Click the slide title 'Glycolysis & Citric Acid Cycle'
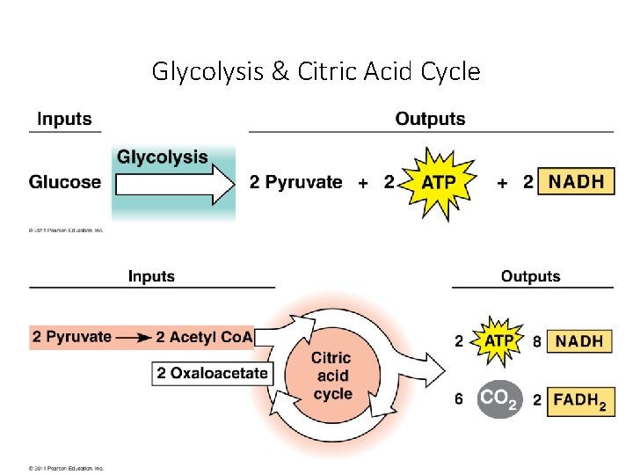point(316,70)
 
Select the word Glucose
point(65,182)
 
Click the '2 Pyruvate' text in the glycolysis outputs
point(295,182)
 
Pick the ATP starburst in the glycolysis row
point(438,183)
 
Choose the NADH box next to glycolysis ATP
point(576,182)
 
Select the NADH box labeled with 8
point(579,341)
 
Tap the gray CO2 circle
point(499,399)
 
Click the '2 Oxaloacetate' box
point(212,373)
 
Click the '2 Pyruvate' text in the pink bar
point(72,337)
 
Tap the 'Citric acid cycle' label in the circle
point(331,376)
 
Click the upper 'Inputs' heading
point(64,119)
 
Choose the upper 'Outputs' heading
point(430,119)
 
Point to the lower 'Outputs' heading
point(530,276)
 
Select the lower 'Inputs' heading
point(151,276)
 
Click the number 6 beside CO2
point(459,399)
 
